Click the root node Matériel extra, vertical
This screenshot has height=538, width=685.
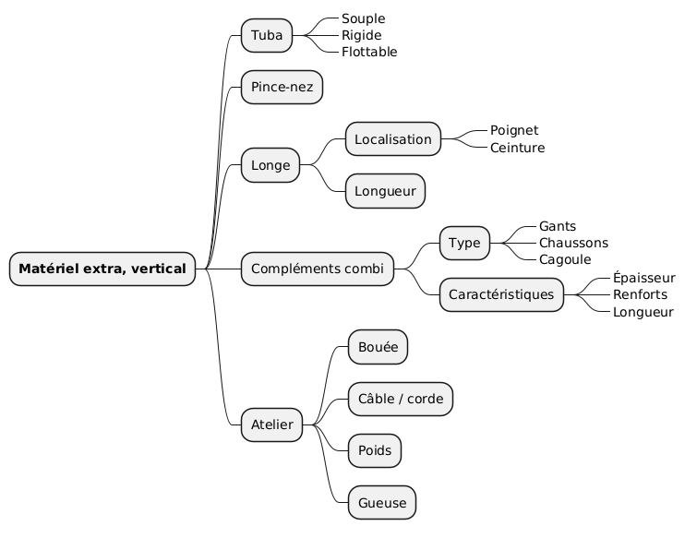click(x=102, y=269)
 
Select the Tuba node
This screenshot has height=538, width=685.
click(x=267, y=35)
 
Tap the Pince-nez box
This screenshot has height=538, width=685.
click(x=282, y=88)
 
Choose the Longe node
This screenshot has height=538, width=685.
click(x=270, y=165)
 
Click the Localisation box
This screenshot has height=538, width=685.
click(x=393, y=139)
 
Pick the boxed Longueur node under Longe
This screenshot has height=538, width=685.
click(x=386, y=191)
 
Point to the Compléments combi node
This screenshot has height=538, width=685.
click(x=318, y=269)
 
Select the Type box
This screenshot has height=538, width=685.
click(x=465, y=243)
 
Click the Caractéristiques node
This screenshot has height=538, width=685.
click(x=501, y=294)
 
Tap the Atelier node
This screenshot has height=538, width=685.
click(x=272, y=424)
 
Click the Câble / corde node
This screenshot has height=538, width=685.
click(x=401, y=399)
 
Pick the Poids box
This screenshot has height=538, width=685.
click(x=375, y=450)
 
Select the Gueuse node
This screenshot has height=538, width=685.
click(x=381, y=502)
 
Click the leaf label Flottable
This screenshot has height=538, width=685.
click(x=369, y=52)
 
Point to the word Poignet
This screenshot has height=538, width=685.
click(x=514, y=130)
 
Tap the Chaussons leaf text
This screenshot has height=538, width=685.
click(x=573, y=243)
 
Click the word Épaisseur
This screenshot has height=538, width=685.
click(x=644, y=278)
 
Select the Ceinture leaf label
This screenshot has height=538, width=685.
click(x=517, y=148)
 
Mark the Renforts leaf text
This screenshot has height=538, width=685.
click(x=640, y=294)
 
